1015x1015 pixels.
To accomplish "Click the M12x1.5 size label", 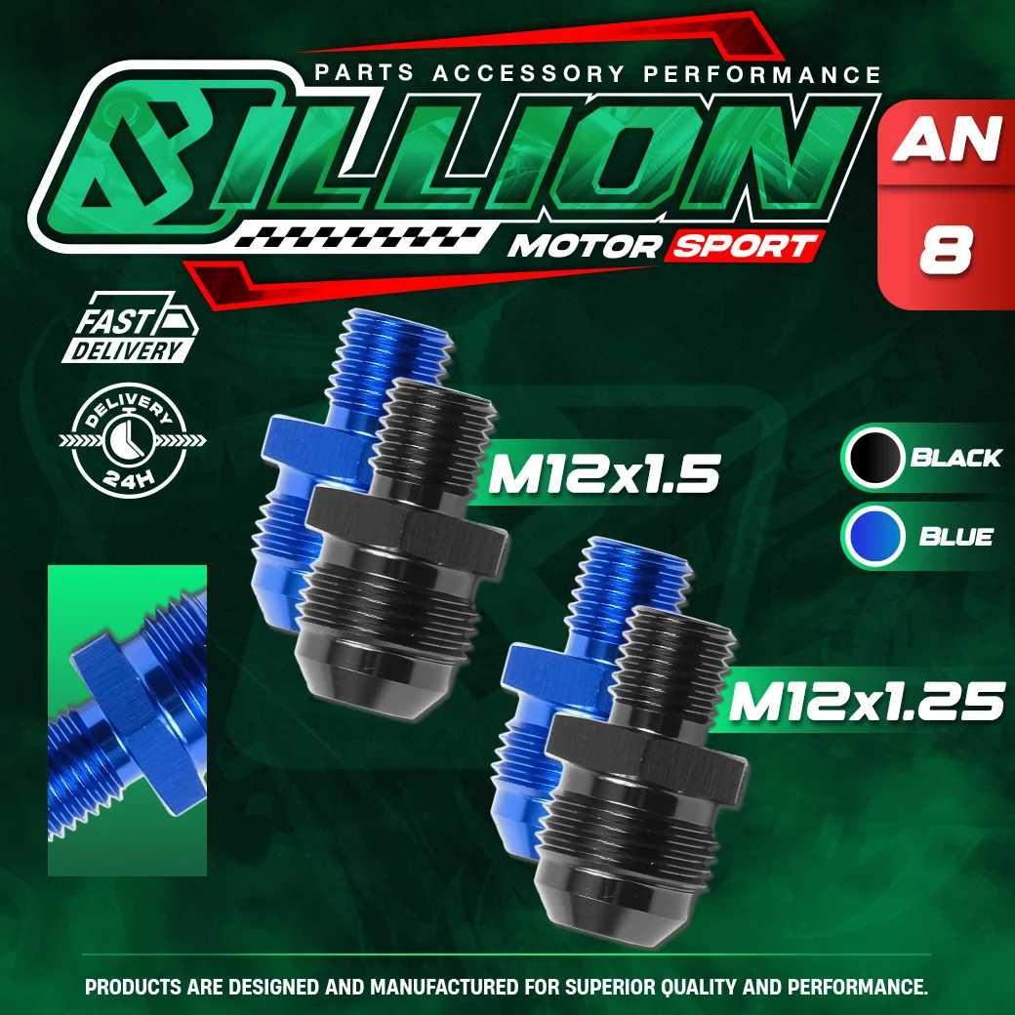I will click(x=603, y=476).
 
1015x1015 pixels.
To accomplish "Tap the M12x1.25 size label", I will click(x=867, y=702).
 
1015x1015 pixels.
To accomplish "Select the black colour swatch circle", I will click(x=874, y=458).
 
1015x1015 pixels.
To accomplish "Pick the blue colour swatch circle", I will click(x=874, y=537).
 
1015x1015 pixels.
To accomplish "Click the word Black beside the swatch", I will click(x=955, y=458).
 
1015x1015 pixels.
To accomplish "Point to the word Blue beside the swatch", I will click(x=955, y=537).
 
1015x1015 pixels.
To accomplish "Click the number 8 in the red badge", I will click(x=946, y=252).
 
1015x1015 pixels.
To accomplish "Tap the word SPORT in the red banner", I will click(x=743, y=247).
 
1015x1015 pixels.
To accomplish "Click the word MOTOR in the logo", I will click(x=583, y=247).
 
